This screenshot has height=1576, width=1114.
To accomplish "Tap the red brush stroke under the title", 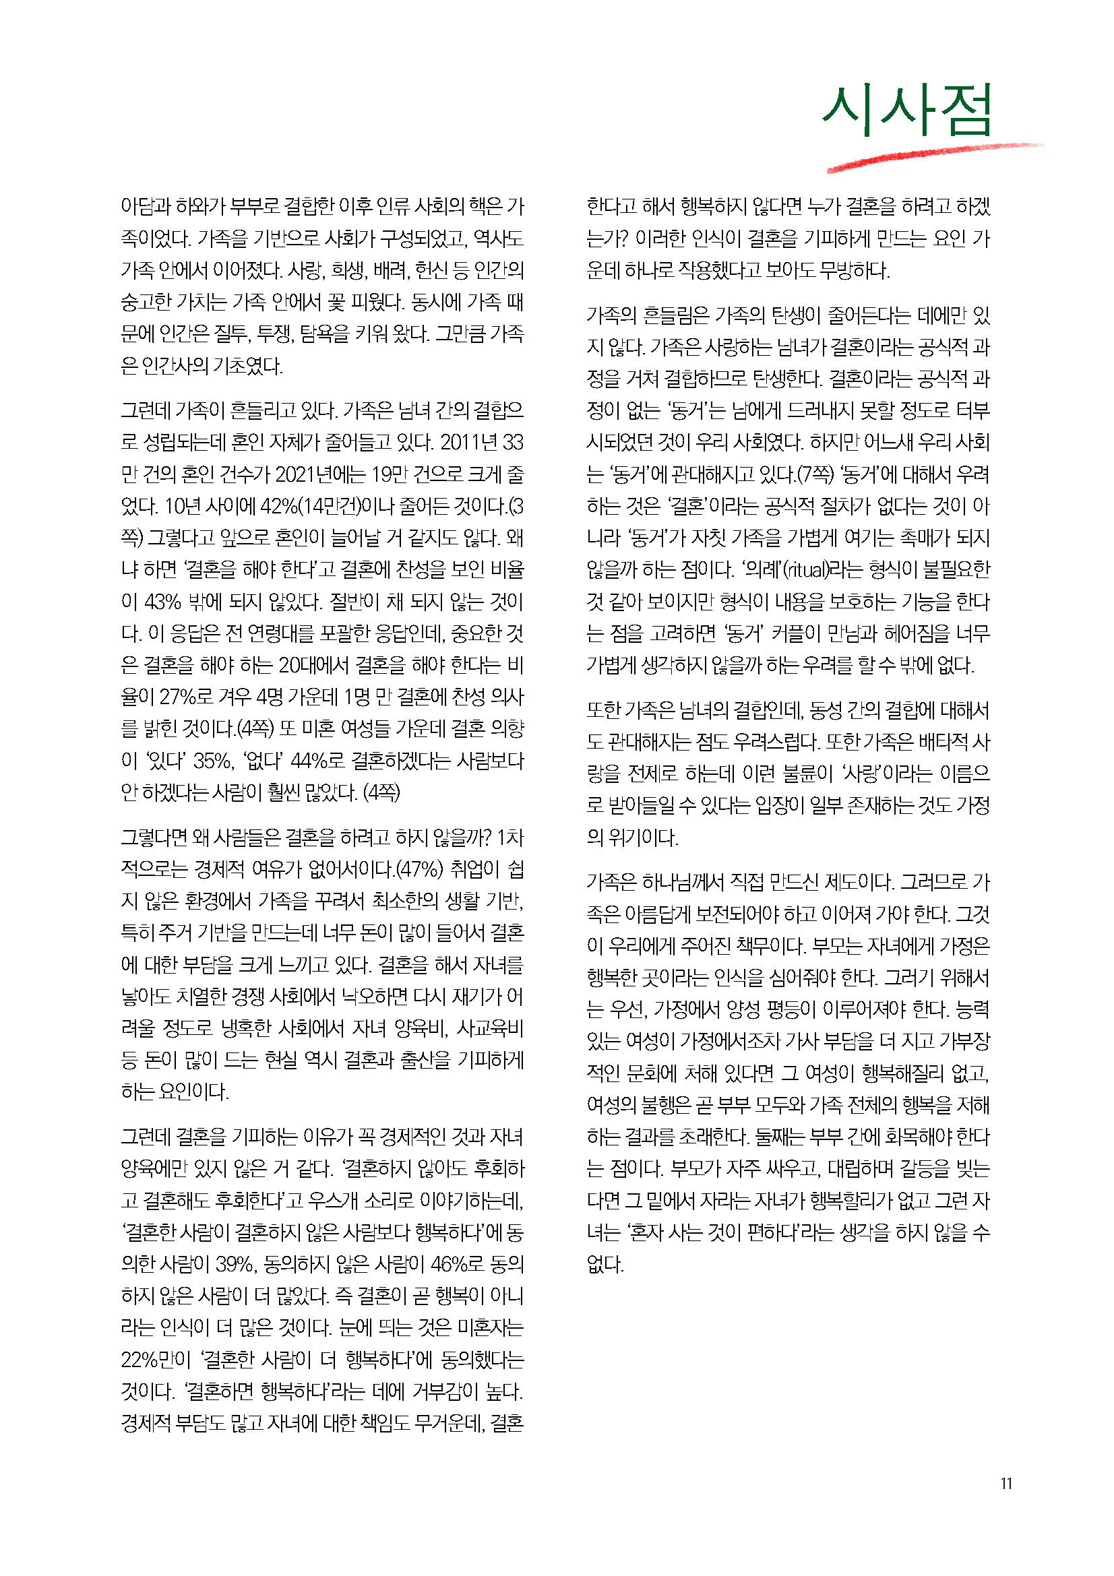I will [x=933, y=156].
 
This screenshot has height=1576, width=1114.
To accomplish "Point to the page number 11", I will [x=1006, y=1483].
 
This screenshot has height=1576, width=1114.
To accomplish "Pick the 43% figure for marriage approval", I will [x=162, y=602].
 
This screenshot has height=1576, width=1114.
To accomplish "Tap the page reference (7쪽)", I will [x=814, y=475].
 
